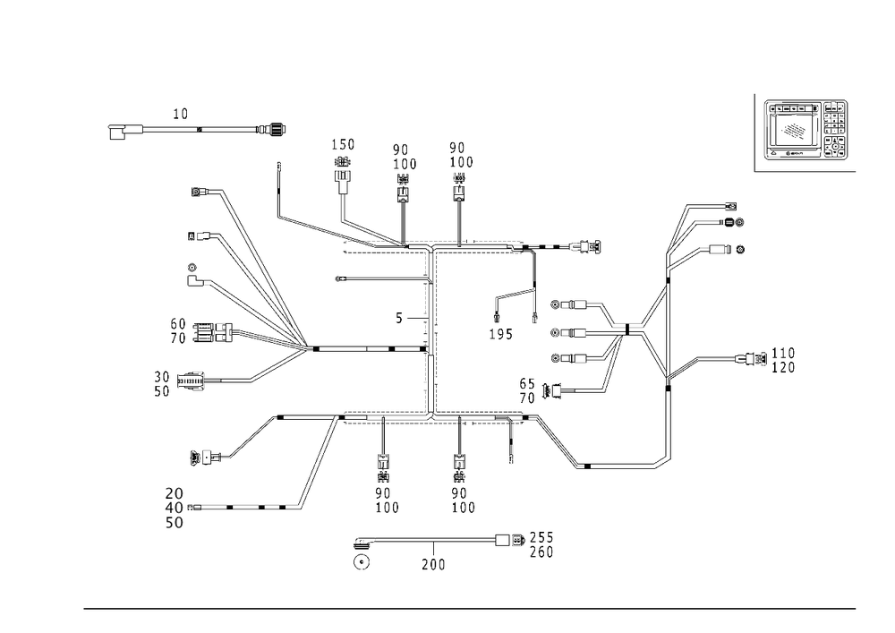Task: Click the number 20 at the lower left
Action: (174, 493)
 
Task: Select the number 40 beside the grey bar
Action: (174, 508)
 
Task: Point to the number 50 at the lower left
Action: (174, 522)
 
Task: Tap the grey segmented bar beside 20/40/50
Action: (251, 508)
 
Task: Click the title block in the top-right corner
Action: (804, 133)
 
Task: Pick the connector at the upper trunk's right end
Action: (586, 247)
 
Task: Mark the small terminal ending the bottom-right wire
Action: (662, 463)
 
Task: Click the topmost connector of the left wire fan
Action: (199, 191)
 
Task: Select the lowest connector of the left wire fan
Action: (202, 459)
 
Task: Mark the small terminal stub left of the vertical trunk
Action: (340, 279)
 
